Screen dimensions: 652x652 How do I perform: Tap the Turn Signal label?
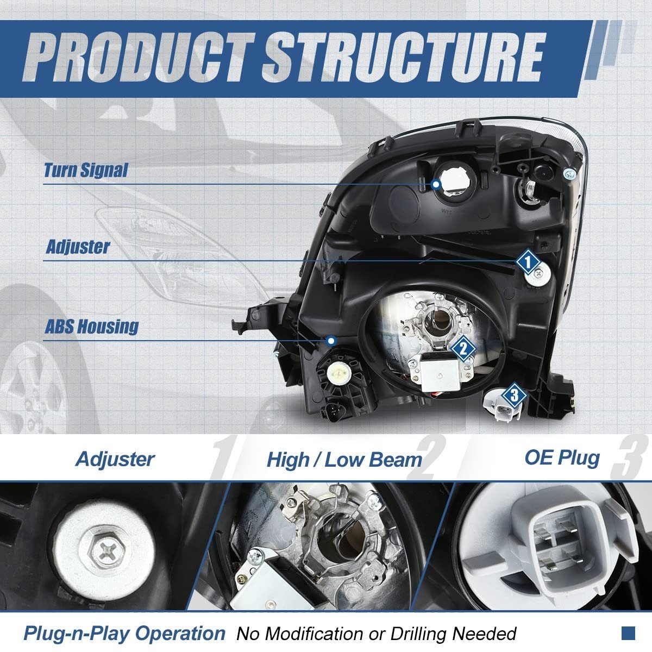tap(86, 170)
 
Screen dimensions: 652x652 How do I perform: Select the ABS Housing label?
tap(92, 327)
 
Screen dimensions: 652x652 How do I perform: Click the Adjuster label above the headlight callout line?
tap(78, 247)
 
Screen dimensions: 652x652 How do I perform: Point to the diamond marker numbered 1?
tap(528, 261)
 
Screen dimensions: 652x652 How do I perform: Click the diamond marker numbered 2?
tap(463, 349)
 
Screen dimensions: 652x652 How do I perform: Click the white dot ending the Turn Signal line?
tap(436, 184)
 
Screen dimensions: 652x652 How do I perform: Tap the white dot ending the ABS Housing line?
tap(331, 341)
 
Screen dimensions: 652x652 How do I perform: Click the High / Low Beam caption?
tap(344, 460)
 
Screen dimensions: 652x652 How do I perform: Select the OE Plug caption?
tap(562, 458)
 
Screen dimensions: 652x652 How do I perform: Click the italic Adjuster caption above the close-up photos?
tap(115, 459)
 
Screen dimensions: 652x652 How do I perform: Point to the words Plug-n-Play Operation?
tap(124, 633)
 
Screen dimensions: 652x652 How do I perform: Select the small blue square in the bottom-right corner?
tap(628, 633)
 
